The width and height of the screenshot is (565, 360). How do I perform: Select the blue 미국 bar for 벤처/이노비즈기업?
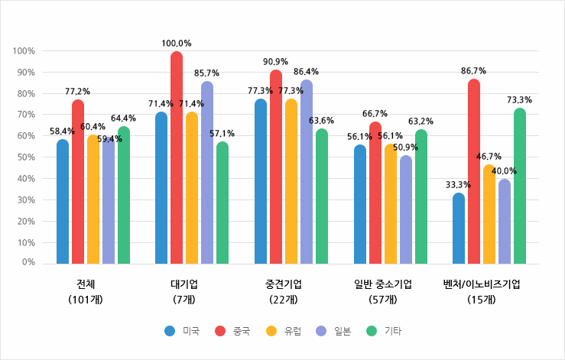point(459,229)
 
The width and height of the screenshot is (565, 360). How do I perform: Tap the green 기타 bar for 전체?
point(124,196)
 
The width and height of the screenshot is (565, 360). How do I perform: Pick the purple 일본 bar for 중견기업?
point(307,172)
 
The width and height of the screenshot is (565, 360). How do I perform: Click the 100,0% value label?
point(177,44)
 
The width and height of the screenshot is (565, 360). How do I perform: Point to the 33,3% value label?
point(458,185)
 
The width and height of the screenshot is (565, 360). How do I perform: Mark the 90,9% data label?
point(276,61)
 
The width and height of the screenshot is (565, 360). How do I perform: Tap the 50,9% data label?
point(405,147)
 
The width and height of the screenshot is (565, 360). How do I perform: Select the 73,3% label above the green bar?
point(520,100)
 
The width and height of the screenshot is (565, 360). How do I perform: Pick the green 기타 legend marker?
point(372,331)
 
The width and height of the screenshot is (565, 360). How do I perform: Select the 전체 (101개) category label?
point(86,291)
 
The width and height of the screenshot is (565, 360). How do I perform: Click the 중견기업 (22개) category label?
point(284,291)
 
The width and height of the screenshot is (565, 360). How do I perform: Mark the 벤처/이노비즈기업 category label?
point(482,284)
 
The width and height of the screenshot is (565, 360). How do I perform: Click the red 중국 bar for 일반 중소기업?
point(375,193)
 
